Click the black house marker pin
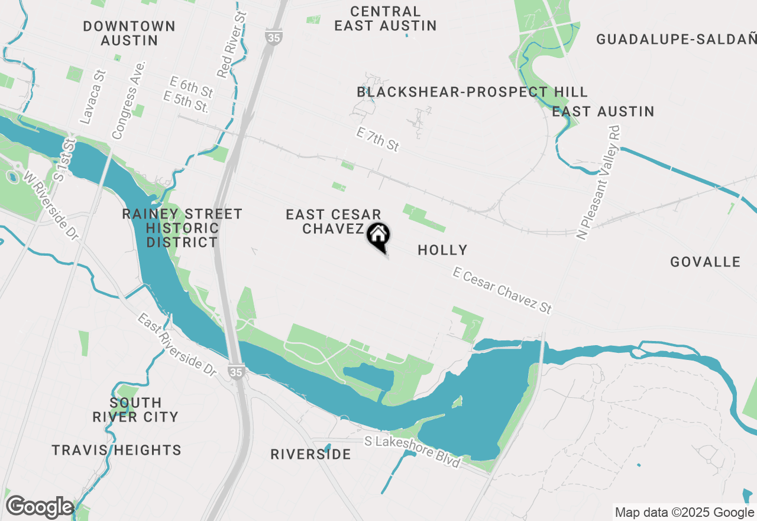(x=378, y=236)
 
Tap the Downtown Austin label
(x=130, y=33)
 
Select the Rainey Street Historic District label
(x=182, y=228)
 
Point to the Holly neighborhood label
(x=442, y=250)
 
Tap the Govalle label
(x=705, y=262)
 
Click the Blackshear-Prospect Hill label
(x=472, y=92)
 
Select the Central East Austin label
(x=386, y=18)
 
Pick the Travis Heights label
(x=117, y=451)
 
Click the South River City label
(x=135, y=410)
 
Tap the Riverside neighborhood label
(x=310, y=454)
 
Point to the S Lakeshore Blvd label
(x=412, y=451)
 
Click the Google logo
(x=40, y=507)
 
